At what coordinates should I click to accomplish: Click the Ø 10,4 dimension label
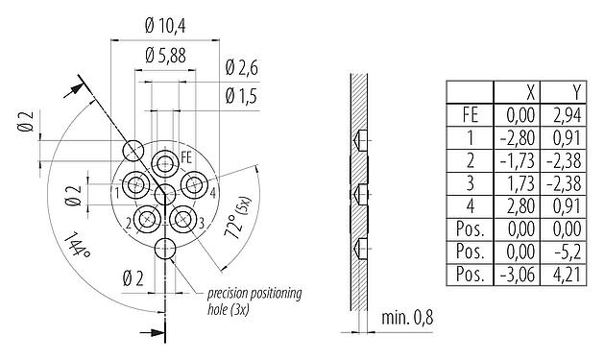pyautogui.click(x=166, y=26)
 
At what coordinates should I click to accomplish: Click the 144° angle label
pyautogui.click(x=78, y=248)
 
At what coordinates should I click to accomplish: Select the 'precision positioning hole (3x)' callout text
pyautogui.click(x=249, y=300)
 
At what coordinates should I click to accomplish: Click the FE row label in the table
pyautogui.click(x=471, y=115)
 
